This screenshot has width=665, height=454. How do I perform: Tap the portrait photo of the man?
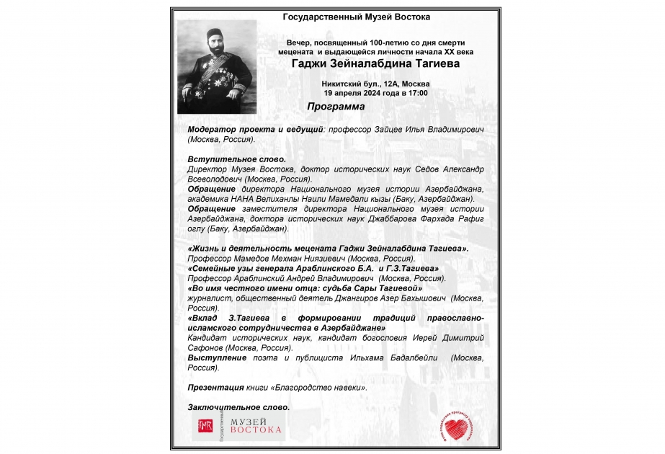[217, 66]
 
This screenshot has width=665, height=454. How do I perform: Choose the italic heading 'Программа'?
[335, 107]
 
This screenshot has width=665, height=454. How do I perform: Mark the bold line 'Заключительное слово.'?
[238, 407]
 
